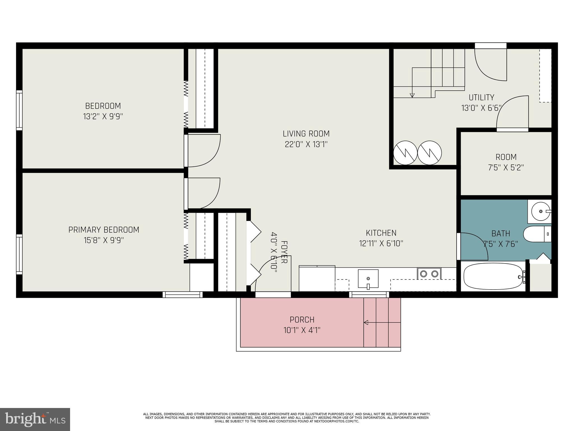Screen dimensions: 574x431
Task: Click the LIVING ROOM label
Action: coord(306,134)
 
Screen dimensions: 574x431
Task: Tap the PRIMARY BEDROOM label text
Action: coord(104,230)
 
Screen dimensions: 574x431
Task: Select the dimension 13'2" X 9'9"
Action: coord(103,116)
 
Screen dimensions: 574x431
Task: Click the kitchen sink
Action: coord(368,279)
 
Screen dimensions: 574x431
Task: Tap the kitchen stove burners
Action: coord(429,274)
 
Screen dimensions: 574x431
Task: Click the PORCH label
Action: coord(302,320)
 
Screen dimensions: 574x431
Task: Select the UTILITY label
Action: coord(481,97)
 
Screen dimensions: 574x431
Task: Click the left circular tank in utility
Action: coord(405,153)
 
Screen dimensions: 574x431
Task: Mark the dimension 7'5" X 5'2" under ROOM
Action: coord(506,168)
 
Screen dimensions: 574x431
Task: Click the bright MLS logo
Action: coord(35,419)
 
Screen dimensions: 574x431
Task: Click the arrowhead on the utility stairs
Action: coord(412,95)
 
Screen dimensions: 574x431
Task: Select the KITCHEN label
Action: coord(381,233)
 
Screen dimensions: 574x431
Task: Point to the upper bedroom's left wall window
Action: coord(19,110)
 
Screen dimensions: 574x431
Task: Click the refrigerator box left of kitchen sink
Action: coord(317,278)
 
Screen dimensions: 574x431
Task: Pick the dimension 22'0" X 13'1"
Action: coord(306,145)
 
